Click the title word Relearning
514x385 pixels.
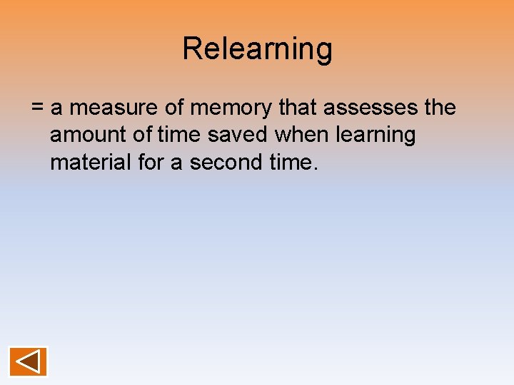(257, 49)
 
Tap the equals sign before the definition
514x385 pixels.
(38, 108)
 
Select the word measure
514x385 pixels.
(106, 108)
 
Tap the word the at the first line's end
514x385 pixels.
(439, 108)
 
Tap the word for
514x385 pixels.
(149, 163)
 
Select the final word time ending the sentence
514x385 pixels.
(288, 163)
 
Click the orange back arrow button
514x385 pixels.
(29, 361)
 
